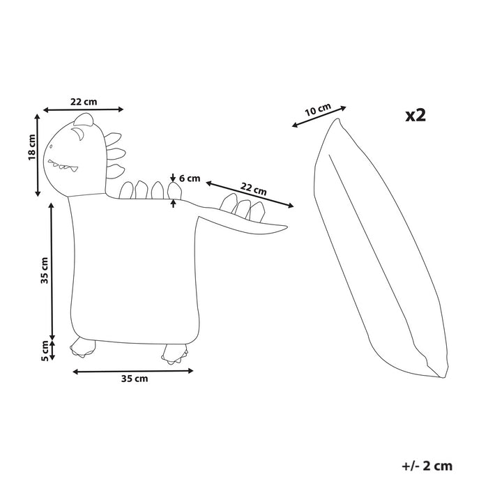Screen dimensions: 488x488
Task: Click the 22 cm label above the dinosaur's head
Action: [x=84, y=101]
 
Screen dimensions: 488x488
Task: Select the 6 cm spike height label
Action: [x=189, y=178]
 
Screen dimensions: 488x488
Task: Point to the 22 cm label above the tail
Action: [x=254, y=189]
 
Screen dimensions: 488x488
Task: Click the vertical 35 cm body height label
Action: [x=44, y=270]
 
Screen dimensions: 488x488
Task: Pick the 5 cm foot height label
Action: [x=44, y=350]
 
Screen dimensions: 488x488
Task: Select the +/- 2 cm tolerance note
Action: [x=427, y=464]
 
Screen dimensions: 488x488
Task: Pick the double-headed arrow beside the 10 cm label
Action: [x=319, y=116]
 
